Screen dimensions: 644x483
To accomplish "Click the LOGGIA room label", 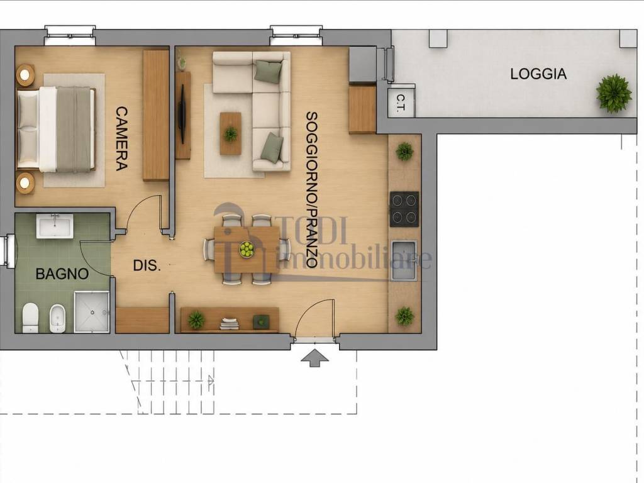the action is coord(538,74).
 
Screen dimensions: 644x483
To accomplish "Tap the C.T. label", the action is coord(401,103).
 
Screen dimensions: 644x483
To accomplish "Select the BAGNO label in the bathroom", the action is coord(62,274).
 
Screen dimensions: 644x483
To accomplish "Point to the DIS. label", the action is coord(147,265).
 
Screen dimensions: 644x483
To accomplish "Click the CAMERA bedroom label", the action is coord(121,139).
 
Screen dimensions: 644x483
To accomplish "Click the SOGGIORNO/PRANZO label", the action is coord(311,190).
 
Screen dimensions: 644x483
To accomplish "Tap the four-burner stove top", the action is coord(404,209).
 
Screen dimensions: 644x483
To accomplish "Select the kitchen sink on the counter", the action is coord(404,260).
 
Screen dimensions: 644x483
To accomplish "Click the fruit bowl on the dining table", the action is coord(247,249).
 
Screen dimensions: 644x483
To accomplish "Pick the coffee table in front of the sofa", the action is coord(230,133).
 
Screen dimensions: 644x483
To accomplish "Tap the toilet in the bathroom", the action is coord(30,318).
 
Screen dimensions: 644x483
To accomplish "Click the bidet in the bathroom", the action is coord(57,319).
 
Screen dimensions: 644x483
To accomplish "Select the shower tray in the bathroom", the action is coord(92,312).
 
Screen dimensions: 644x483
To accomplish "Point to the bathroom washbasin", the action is coord(55,226).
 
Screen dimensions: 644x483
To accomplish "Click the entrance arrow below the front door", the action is coord(314,358).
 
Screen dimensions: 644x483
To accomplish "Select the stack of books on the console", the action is coord(229,323).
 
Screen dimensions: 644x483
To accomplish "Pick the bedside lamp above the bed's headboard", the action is coord(25,75).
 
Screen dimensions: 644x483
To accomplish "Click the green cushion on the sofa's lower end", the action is coord(272,147).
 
